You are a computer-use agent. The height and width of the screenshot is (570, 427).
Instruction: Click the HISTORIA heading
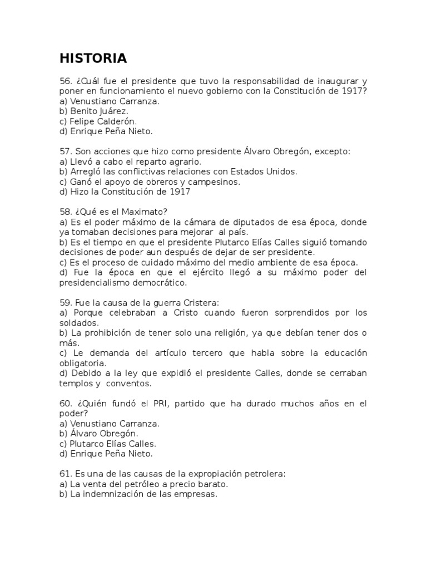pyautogui.click(x=93, y=58)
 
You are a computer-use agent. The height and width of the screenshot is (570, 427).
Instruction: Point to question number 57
pyautogui.click(x=66, y=151)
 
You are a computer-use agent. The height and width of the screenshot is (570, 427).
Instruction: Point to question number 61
pyautogui.click(x=66, y=474)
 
